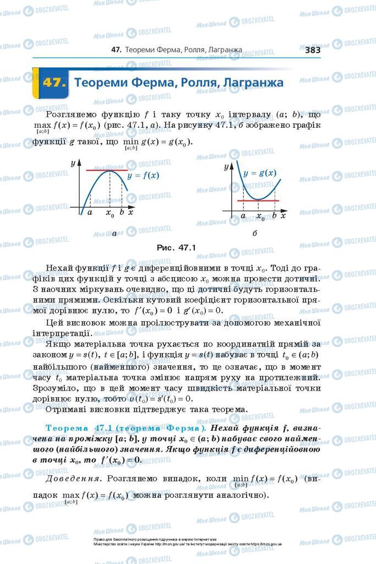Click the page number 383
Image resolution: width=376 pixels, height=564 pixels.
(x=312, y=50)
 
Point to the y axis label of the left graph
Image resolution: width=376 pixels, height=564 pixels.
(x=73, y=164)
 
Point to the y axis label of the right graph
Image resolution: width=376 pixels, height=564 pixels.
(x=226, y=166)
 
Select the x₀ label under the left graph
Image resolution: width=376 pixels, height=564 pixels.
(x=110, y=213)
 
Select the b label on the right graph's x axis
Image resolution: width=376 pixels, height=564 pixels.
(x=274, y=215)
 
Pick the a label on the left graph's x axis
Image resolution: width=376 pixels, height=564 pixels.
(x=89, y=212)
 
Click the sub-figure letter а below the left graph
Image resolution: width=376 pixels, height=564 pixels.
(x=114, y=234)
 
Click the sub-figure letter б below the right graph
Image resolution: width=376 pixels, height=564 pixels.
(x=254, y=234)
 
